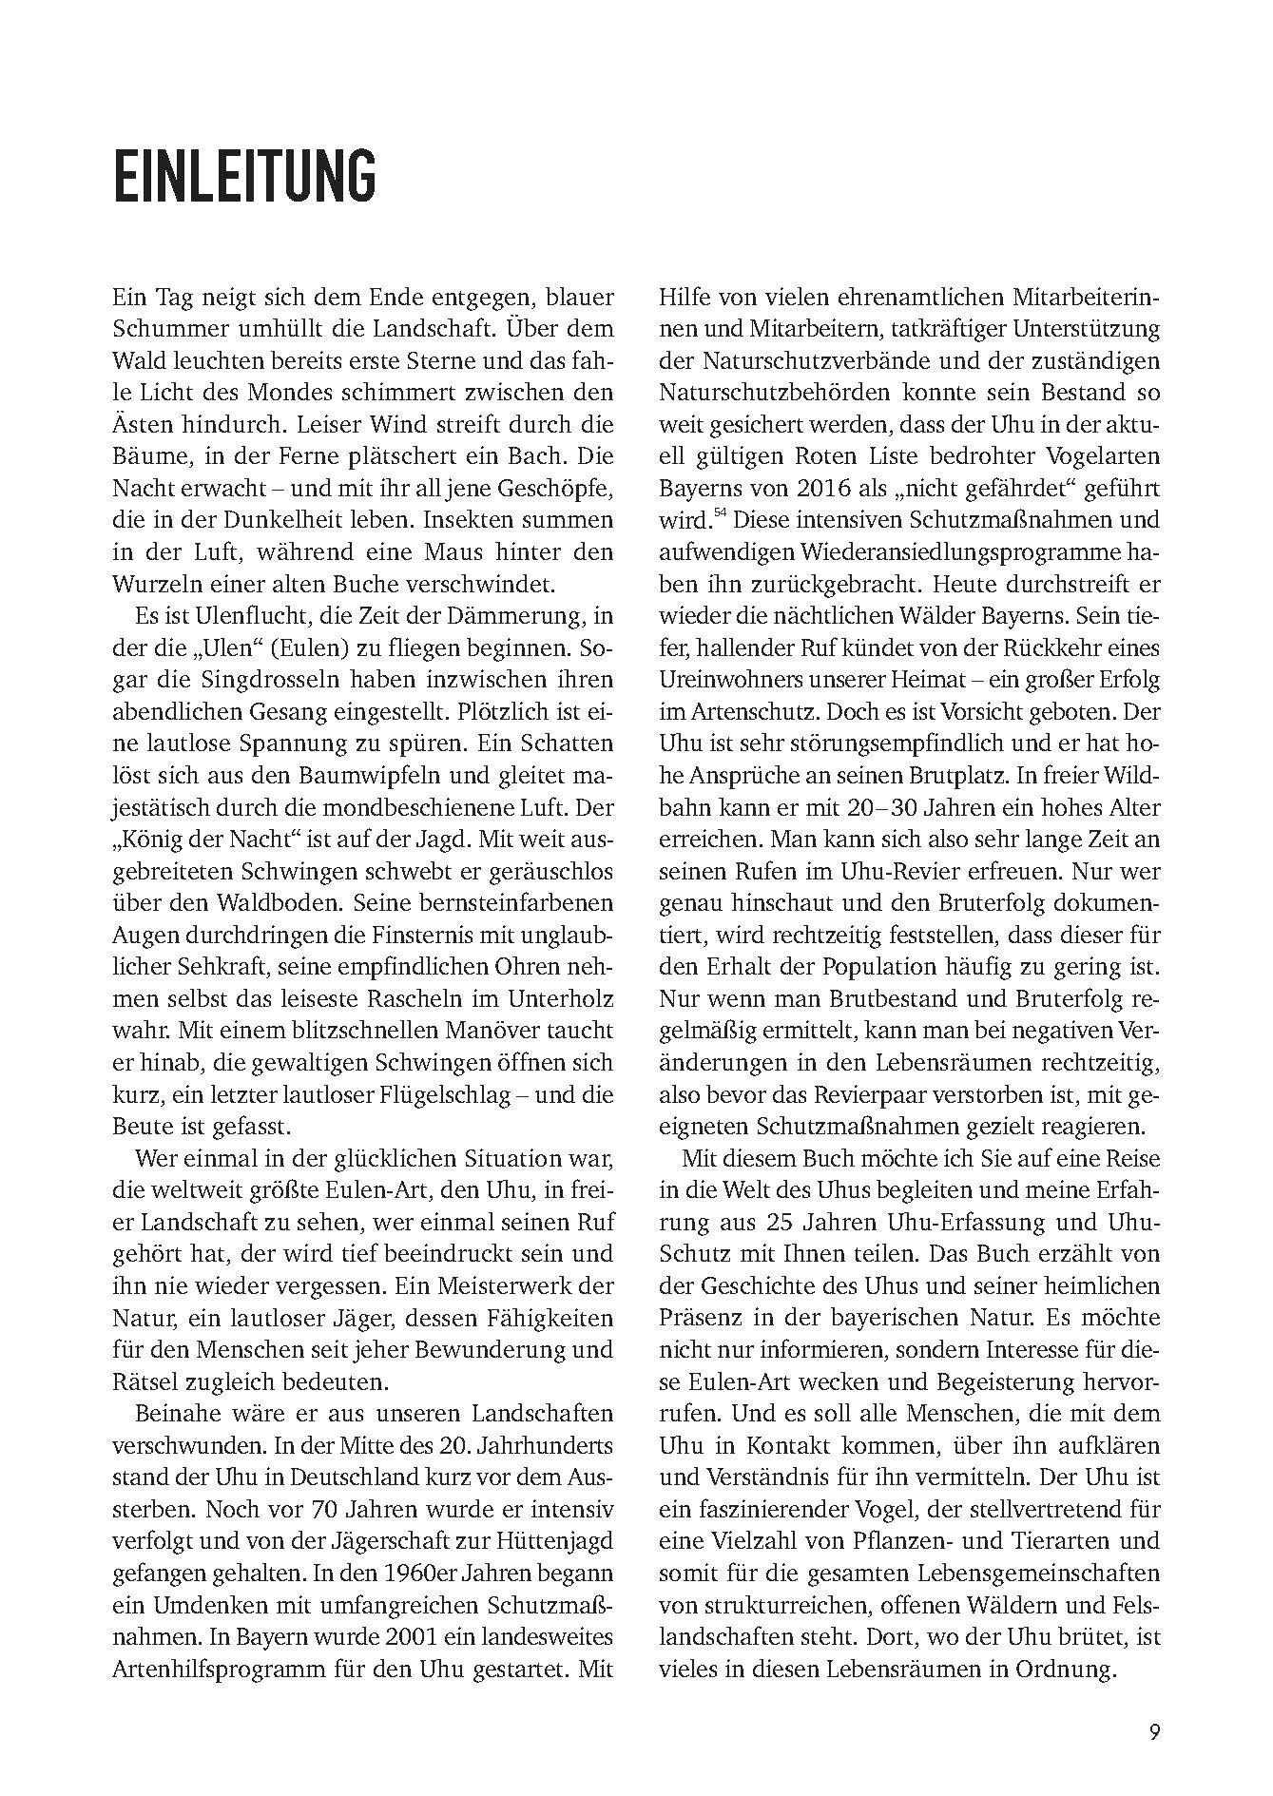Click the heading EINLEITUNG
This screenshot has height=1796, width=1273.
pos(244,175)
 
